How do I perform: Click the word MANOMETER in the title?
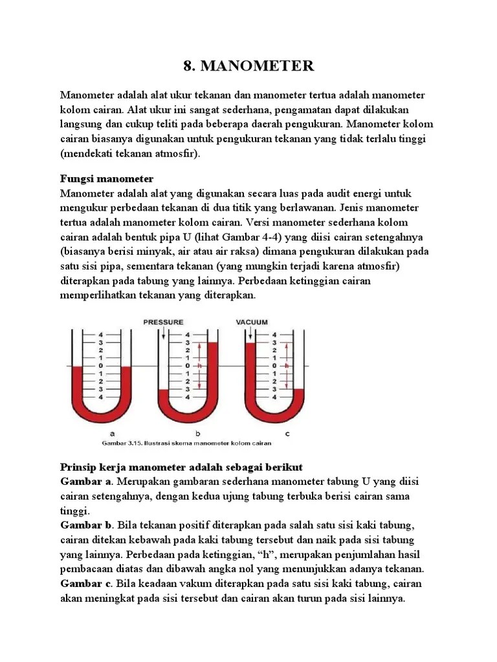(257, 65)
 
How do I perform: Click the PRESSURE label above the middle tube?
(163, 321)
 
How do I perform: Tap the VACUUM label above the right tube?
(252, 321)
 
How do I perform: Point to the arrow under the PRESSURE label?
(165, 333)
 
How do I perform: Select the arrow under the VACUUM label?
(250, 333)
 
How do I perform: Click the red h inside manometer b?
(199, 366)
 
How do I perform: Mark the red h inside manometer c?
(285, 366)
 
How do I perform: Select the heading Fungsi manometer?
(107, 178)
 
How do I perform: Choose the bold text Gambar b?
(85, 524)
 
